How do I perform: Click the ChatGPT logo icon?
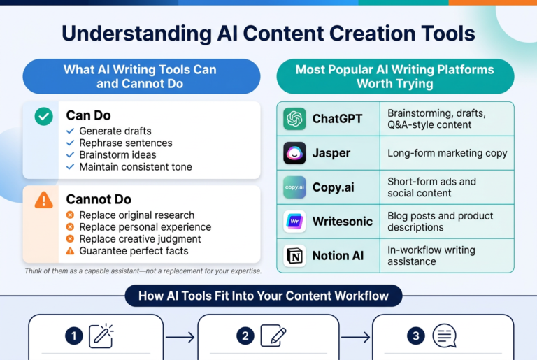pyautogui.click(x=294, y=119)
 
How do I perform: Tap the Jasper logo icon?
pyautogui.click(x=294, y=153)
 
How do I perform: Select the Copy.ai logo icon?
pyautogui.click(x=294, y=187)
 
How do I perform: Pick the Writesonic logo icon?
pyautogui.click(x=294, y=222)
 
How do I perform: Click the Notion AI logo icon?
pyautogui.click(x=294, y=256)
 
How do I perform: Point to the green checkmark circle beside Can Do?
pyautogui.click(x=44, y=117)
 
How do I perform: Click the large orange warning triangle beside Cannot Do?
pyautogui.click(x=44, y=200)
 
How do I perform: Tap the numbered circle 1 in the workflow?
pyautogui.click(x=74, y=336)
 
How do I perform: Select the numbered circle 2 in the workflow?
pyautogui.click(x=245, y=336)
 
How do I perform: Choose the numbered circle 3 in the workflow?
pyautogui.click(x=416, y=336)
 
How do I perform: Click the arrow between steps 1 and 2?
pyautogui.click(x=180, y=337)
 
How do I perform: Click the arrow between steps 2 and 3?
pyautogui.click(x=355, y=337)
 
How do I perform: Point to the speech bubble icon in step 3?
pyautogui.click(x=444, y=336)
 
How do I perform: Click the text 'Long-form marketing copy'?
pyautogui.click(x=447, y=153)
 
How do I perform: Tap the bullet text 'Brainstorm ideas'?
pyautogui.click(x=117, y=154)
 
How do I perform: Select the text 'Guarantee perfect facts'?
pyautogui.click(x=134, y=251)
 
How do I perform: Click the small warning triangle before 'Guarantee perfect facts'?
pyautogui.click(x=70, y=251)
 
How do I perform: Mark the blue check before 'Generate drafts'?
pyautogui.click(x=70, y=131)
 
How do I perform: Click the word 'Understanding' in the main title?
pyautogui.click(x=136, y=34)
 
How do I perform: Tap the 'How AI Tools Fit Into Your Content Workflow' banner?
pyautogui.click(x=264, y=296)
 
